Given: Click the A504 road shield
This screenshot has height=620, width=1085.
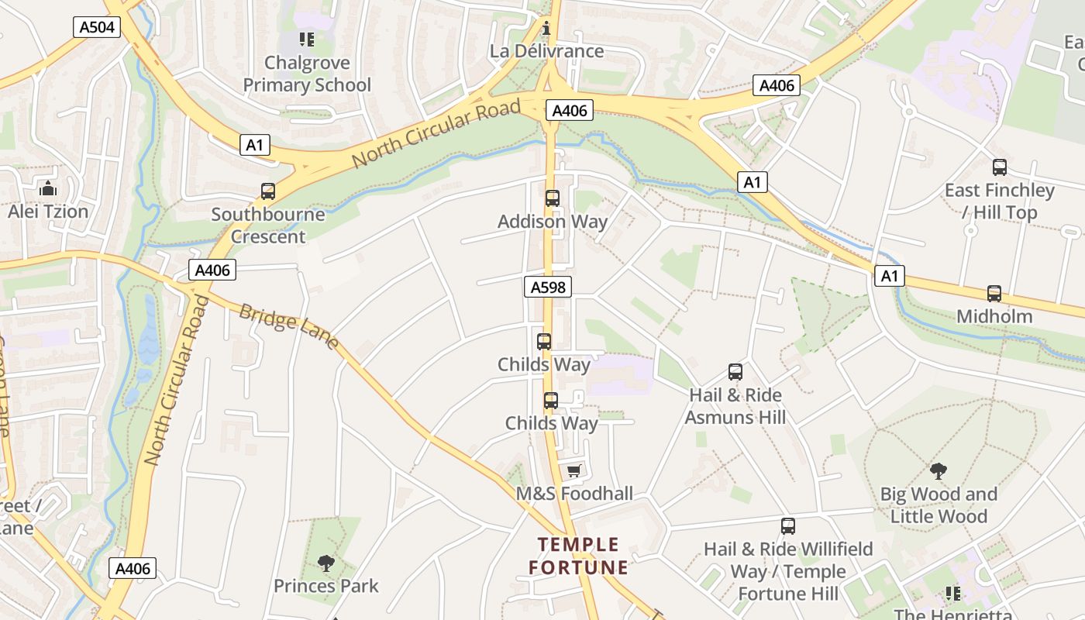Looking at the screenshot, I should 98,27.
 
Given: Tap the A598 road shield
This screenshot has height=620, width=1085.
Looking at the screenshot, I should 547,288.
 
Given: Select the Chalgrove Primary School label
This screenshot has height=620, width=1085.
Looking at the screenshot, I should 308,74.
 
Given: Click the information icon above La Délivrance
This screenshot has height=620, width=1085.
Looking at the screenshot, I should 546,29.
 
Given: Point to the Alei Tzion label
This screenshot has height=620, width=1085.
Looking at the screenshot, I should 48,211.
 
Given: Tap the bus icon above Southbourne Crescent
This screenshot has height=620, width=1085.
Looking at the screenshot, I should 268,191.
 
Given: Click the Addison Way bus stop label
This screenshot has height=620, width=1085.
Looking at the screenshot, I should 552,221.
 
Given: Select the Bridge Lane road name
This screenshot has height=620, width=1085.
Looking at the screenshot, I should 288,326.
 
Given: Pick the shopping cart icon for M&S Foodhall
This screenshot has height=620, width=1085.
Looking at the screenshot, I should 573,470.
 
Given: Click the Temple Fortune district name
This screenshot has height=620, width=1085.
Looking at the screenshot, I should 578,556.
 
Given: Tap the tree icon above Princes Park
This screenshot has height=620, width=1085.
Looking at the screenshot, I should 326,563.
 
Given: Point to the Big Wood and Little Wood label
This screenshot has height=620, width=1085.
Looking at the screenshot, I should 939,505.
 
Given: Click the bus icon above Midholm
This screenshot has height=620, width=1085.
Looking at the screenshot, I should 994,293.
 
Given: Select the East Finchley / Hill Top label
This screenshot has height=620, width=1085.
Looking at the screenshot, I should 999,201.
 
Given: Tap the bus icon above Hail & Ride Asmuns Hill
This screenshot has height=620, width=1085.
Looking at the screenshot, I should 735,372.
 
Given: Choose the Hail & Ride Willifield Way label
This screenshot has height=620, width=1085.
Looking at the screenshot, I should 788,571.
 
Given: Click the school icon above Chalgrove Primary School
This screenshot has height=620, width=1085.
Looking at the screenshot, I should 307,40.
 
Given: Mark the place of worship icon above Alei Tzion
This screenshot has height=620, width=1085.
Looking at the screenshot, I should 48,188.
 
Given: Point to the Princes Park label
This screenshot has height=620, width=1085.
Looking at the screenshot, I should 326,585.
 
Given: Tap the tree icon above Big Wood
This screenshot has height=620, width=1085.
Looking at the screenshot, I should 939,470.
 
